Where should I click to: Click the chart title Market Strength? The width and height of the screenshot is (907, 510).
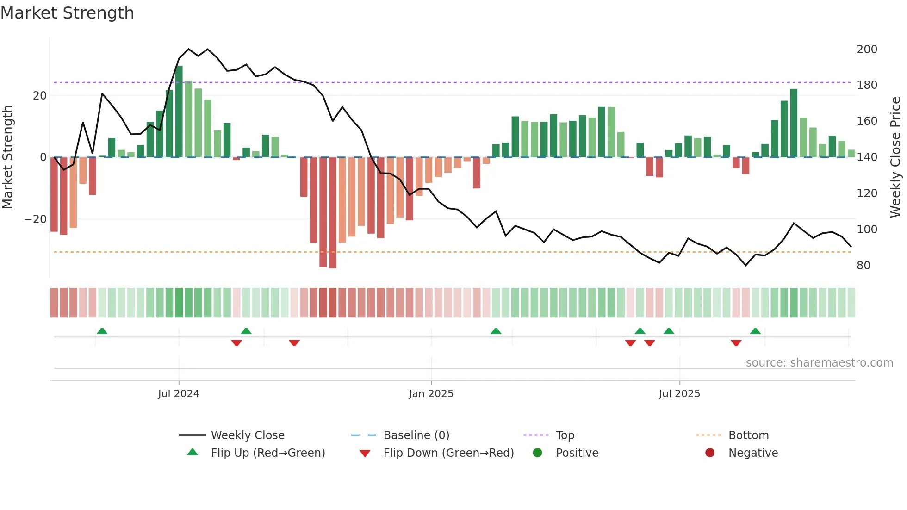click(x=67, y=13)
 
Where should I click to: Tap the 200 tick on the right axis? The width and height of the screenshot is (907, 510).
click(x=866, y=50)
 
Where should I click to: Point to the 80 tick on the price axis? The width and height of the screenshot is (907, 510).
click(x=863, y=266)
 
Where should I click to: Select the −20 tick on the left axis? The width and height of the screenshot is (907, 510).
click(x=36, y=219)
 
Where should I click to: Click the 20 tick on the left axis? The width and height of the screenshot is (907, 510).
click(x=40, y=96)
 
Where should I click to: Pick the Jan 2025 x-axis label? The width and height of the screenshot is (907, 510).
click(x=431, y=394)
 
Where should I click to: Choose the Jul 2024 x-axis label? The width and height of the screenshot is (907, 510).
click(x=178, y=394)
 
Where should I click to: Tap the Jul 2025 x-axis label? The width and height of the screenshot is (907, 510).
click(x=679, y=394)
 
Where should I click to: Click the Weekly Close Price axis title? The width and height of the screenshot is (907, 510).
click(x=895, y=157)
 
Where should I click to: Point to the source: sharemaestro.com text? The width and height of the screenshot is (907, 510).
click(x=819, y=363)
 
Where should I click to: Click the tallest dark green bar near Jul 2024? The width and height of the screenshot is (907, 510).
click(x=179, y=111)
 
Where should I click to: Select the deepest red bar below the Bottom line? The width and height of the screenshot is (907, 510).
click(x=332, y=213)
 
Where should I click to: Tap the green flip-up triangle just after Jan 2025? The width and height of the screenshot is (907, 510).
click(x=496, y=331)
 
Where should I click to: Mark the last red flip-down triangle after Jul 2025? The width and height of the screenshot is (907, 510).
click(x=736, y=343)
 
